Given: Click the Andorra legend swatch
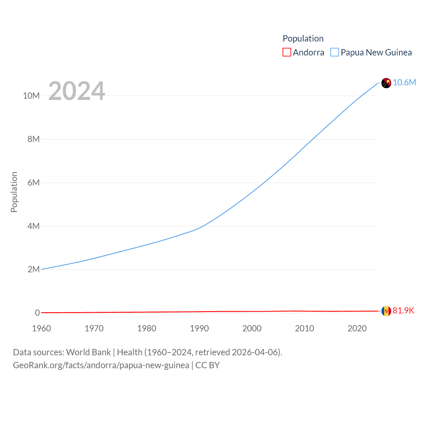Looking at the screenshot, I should [287, 52].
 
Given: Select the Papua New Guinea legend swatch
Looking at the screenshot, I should [335, 52].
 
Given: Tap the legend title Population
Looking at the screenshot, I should [303, 39].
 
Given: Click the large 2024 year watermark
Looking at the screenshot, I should [77, 91].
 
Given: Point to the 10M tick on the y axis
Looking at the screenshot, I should [31, 96].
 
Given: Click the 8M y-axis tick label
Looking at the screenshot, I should [34, 139].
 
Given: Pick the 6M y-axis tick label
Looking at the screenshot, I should [34, 183].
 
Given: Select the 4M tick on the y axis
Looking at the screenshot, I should [34, 226].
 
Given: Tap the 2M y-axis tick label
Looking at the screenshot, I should [34, 269].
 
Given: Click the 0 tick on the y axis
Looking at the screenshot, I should [37, 313].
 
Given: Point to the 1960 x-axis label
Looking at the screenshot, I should [42, 328].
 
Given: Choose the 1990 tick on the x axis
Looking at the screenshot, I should [199, 328].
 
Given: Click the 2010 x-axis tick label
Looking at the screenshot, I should [304, 328].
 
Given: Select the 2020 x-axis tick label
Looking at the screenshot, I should [357, 328].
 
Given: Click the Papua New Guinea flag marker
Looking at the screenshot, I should [386, 83].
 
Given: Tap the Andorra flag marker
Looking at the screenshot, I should [386, 311].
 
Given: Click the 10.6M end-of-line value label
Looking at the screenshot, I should [404, 82].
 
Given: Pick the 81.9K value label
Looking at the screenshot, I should [403, 310].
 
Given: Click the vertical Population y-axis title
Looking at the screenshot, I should [14, 192].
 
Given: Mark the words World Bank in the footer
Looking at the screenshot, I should [88, 352].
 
